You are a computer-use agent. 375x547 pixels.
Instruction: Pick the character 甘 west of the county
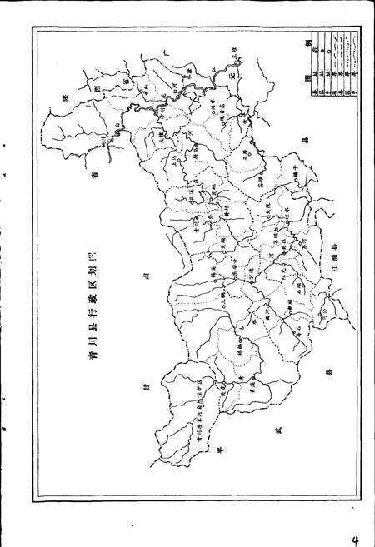pos(142,395)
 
